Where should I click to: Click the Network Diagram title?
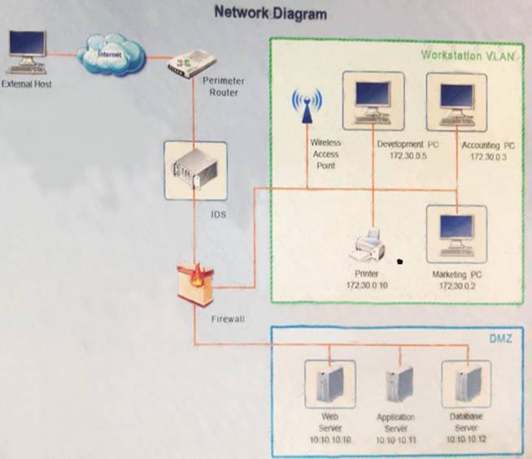[270, 14]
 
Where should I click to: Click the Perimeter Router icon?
[189, 62]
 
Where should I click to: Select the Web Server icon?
[329, 382]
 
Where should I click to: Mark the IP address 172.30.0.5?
[407, 155]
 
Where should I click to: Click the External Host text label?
[27, 84]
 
